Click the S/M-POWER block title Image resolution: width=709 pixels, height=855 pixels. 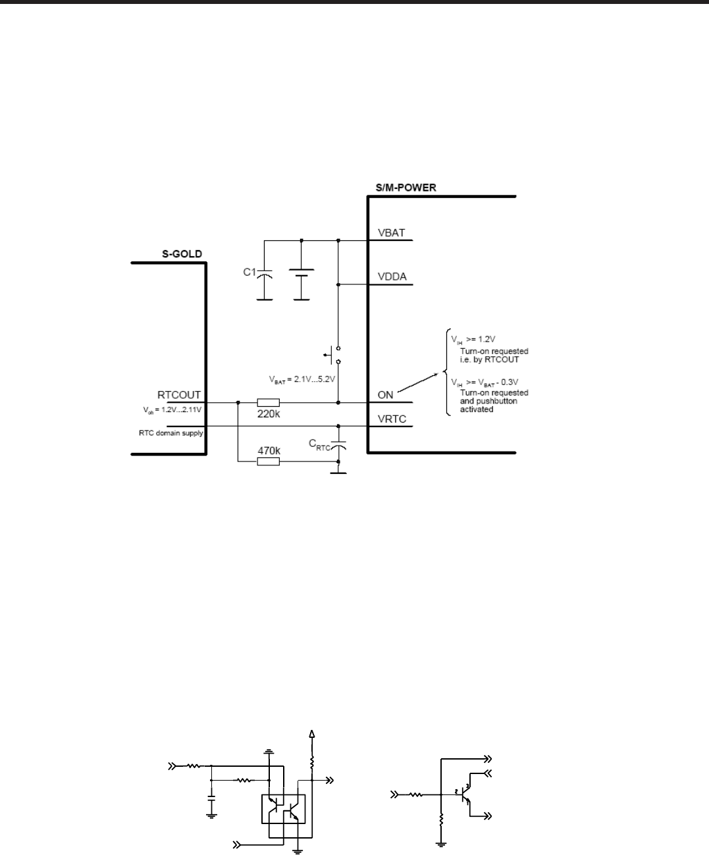click(402, 188)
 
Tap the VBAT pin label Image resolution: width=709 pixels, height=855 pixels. click(392, 232)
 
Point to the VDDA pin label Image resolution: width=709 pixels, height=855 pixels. click(392, 276)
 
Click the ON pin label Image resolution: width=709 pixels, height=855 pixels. click(386, 394)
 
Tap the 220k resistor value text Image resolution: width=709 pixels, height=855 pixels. click(268, 415)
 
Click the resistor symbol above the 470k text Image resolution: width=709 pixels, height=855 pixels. click(268, 462)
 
